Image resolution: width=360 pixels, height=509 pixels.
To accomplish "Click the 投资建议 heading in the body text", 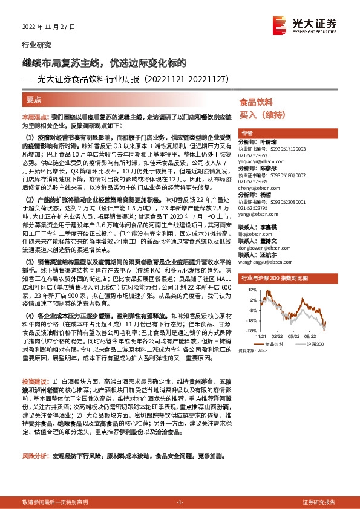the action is pos(33,382).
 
